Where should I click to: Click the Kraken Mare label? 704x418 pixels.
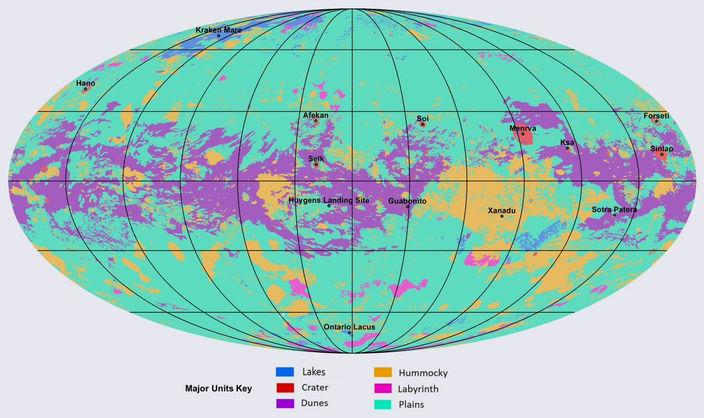[219, 30]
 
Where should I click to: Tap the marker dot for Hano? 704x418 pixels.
[86, 89]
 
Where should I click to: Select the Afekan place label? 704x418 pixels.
[316, 116]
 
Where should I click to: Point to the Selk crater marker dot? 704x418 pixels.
[316, 164]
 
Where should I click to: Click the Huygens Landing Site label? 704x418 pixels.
[329, 200]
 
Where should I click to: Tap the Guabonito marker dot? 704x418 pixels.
[407, 207]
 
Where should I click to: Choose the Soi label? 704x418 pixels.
[423, 118]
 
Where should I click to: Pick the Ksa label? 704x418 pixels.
[567, 142]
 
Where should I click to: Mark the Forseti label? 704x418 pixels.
[656, 116]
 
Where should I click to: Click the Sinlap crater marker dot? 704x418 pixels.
[662, 155]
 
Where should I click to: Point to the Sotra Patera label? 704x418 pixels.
[614, 209]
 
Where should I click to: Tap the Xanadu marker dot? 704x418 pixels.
[502, 216]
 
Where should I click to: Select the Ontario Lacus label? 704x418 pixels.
[350, 327]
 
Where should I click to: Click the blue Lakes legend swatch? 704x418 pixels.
[285, 372]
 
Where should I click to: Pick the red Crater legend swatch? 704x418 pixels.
[285, 388]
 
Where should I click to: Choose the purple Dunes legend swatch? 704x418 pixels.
[285, 403]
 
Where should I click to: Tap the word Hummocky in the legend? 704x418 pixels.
[423, 373]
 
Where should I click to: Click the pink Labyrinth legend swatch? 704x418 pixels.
[383, 389]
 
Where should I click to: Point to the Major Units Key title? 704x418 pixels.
[219, 389]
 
